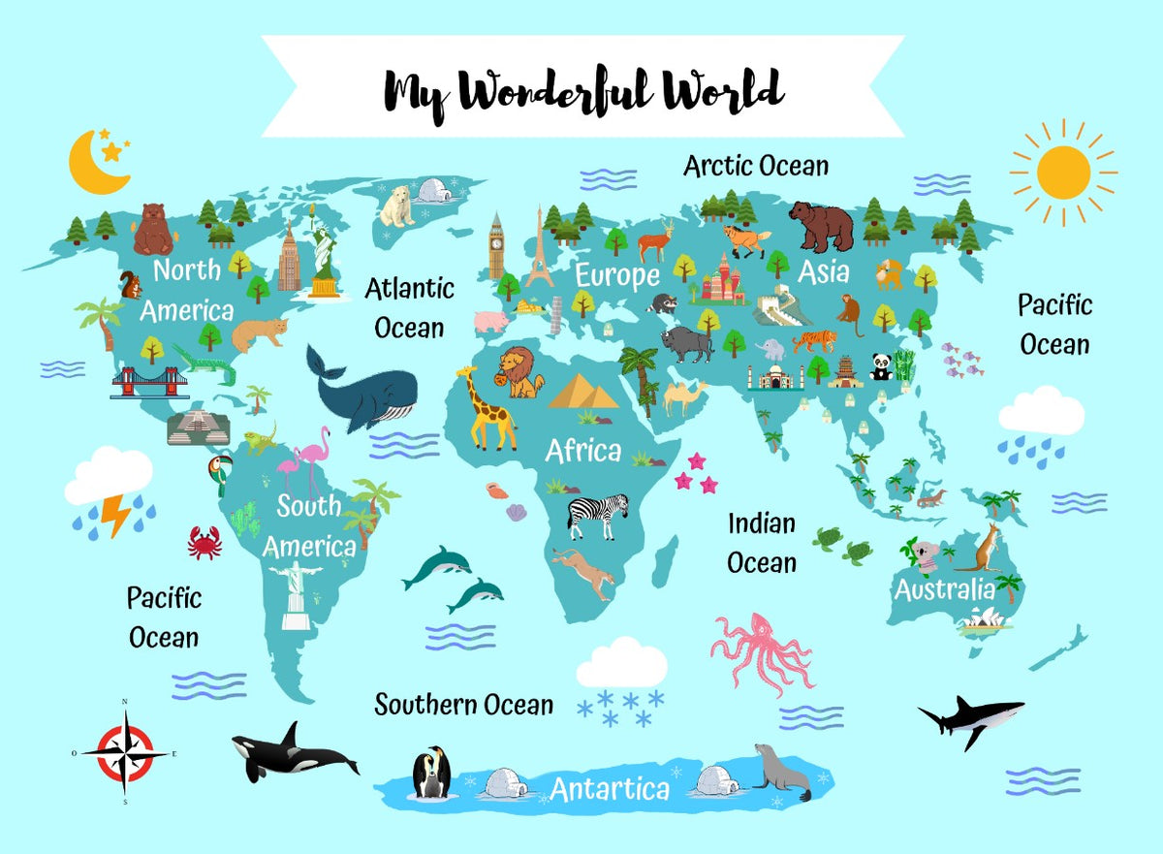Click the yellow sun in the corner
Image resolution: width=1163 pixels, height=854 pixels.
tap(1063, 173)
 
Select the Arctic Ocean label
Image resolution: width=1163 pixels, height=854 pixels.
tap(756, 166)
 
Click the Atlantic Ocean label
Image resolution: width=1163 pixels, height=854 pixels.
tap(409, 307)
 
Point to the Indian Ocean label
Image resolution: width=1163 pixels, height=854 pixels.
tap(762, 542)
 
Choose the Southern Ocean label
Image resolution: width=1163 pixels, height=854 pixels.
tap(464, 705)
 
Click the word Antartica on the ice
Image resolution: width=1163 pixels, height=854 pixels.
tap(610, 788)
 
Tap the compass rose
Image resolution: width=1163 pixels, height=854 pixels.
tap(125, 751)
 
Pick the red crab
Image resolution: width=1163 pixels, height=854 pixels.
tap(204, 542)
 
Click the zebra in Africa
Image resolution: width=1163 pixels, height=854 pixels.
tap(598, 515)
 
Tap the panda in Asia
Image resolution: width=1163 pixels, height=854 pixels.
tap(880, 366)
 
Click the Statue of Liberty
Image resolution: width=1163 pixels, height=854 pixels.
tap(325, 254)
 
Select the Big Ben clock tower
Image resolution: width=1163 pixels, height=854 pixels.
tap(497, 245)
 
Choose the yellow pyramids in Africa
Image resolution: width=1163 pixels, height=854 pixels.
tap(583, 391)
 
